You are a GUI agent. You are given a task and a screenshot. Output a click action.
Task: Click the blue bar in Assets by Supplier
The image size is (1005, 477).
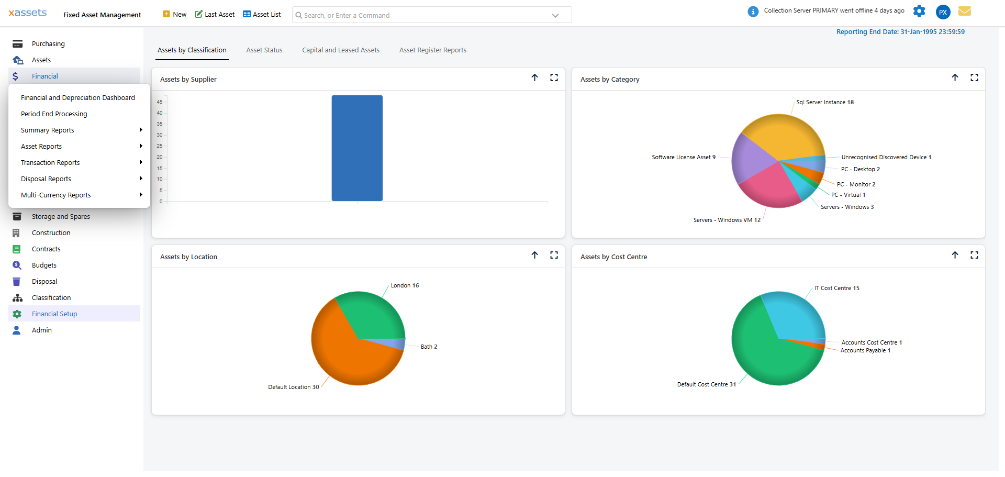[x=357, y=148]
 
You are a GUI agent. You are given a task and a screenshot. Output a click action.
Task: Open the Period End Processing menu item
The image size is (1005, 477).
[x=54, y=114]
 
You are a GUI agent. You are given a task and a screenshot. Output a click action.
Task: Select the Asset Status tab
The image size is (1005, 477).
[x=264, y=50]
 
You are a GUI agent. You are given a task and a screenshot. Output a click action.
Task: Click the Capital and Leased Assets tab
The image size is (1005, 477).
[x=341, y=50]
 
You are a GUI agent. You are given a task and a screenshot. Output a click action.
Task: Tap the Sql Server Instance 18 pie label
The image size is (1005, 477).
[x=824, y=102]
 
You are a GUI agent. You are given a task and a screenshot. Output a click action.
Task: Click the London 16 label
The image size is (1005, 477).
[x=405, y=285]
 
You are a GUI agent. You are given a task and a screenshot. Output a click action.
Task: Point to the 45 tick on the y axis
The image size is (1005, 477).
[x=160, y=102]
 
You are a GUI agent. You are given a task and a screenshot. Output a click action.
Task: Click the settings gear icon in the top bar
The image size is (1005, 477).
[x=919, y=11]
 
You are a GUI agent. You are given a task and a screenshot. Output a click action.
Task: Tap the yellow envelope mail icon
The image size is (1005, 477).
[x=965, y=11]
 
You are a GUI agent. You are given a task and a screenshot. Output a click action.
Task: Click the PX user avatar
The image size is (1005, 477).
[x=943, y=12]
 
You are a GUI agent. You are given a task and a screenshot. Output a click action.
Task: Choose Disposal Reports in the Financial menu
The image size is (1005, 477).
[x=46, y=179]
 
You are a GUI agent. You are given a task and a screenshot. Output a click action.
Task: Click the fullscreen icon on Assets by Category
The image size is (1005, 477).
[x=974, y=77]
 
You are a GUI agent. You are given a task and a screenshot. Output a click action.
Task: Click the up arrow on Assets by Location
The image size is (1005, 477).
[x=534, y=255]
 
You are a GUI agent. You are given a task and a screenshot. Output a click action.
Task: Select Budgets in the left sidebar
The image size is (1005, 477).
[x=44, y=265]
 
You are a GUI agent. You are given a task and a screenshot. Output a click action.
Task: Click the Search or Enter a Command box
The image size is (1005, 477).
[x=424, y=15]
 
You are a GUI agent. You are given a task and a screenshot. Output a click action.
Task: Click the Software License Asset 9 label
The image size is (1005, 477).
[x=683, y=157]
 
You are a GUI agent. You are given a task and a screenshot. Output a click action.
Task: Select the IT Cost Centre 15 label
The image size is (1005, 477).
[x=836, y=288]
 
